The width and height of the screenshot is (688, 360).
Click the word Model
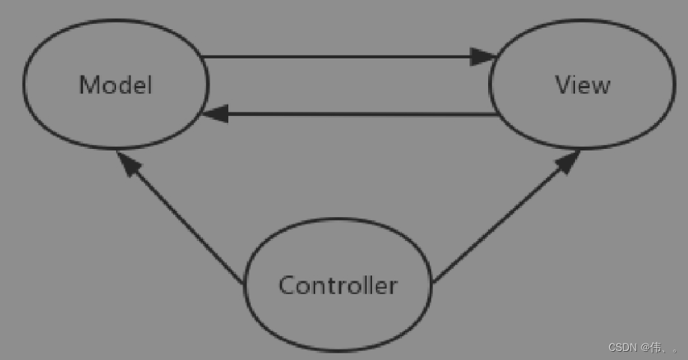pyautogui.click(x=115, y=85)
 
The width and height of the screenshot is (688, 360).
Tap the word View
pyautogui.click(x=582, y=85)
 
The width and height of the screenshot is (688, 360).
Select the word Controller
pyautogui.click(x=338, y=285)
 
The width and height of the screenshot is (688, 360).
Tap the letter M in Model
pyautogui.click(x=89, y=85)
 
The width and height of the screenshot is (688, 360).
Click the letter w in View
pyautogui.click(x=600, y=86)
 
